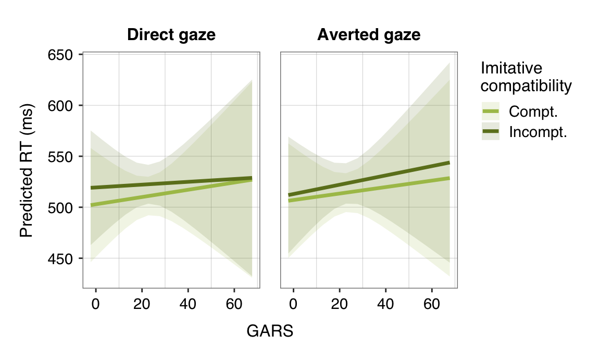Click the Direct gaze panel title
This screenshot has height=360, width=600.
(x=171, y=35)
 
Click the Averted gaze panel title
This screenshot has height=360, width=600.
(x=369, y=35)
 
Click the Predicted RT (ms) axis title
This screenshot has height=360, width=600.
(x=27, y=171)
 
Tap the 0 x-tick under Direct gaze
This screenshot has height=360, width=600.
(x=96, y=303)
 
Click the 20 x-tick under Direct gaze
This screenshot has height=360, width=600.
(x=142, y=303)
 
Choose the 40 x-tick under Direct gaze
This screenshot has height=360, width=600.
(x=188, y=303)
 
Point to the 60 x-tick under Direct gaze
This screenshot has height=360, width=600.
(x=234, y=303)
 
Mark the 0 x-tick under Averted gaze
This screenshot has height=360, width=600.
(x=294, y=303)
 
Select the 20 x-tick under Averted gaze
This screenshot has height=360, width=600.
(x=340, y=303)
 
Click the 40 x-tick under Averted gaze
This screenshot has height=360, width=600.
(x=386, y=303)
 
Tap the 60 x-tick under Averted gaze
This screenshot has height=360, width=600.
(x=432, y=303)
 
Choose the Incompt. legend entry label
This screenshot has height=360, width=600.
(x=537, y=132)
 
